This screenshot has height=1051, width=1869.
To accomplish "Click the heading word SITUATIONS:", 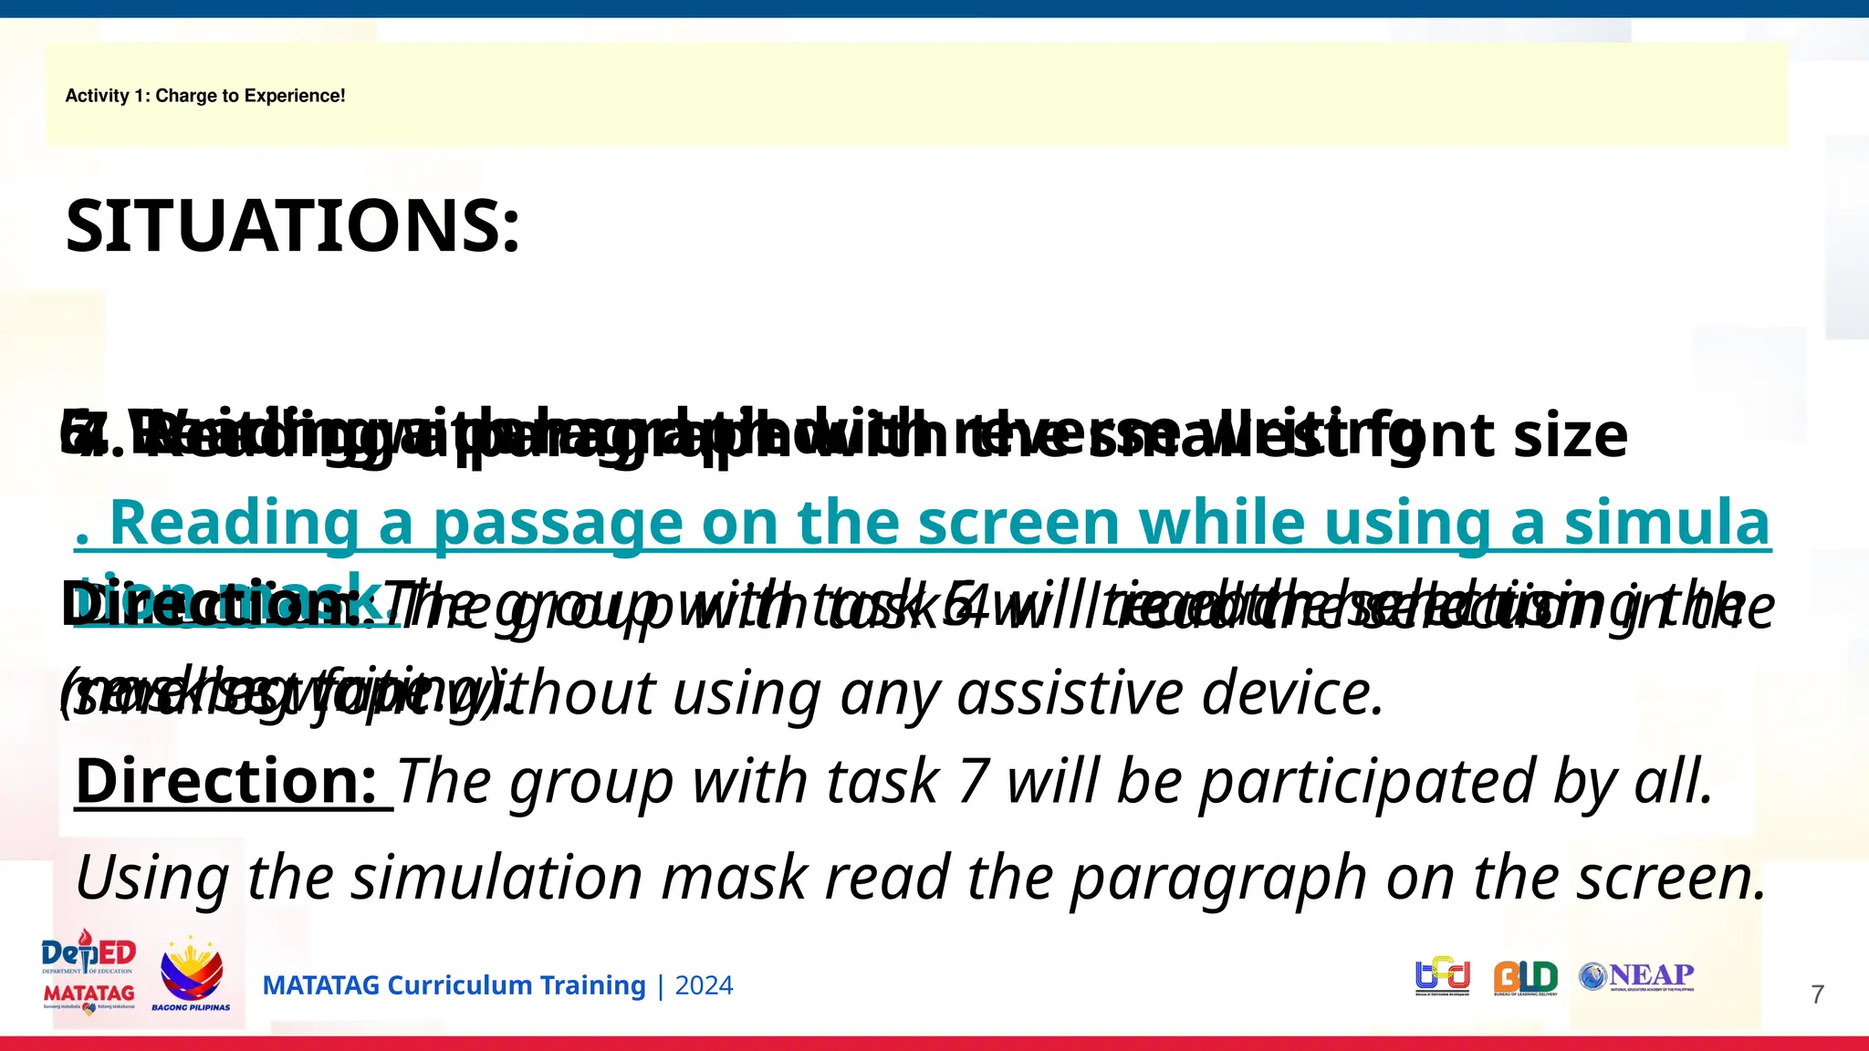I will click(x=292, y=226).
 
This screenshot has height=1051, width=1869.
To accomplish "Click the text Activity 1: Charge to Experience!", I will click(x=205, y=96).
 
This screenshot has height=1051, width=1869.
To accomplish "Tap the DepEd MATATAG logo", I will click(x=89, y=973).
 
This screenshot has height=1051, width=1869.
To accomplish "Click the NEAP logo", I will click(x=1637, y=976).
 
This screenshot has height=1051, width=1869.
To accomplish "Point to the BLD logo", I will click(x=1525, y=977).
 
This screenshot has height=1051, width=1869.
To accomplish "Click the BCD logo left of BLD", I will click(x=1443, y=975).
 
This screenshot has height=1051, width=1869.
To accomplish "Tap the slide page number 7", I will click(x=1817, y=994).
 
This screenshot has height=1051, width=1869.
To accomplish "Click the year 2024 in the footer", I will click(x=704, y=985).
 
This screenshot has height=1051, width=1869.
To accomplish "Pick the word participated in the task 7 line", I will click(x=1366, y=782).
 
